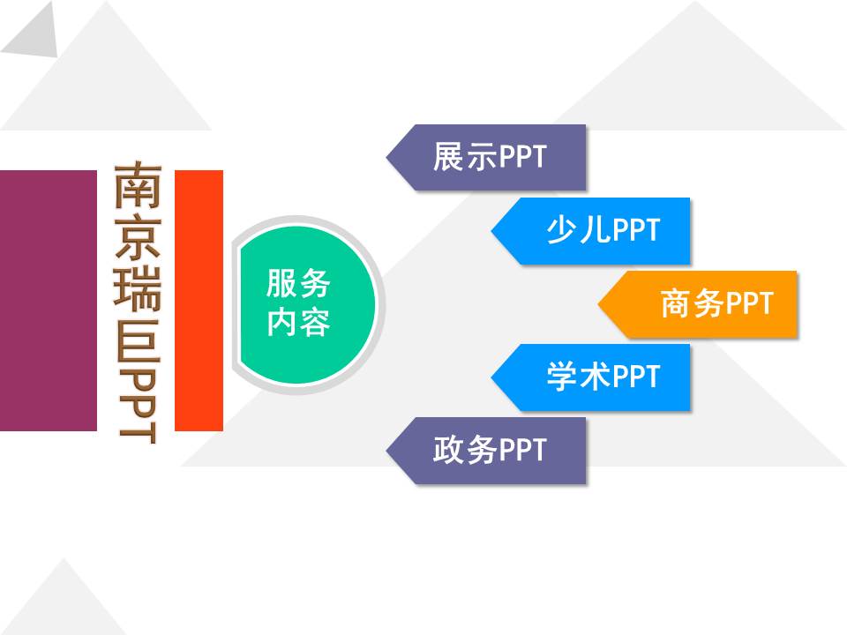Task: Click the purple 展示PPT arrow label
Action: [486, 157]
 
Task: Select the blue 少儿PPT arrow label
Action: [591, 230]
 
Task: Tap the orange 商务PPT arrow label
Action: [697, 304]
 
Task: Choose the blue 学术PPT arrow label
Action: [591, 377]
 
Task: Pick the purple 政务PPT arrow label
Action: [486, 451]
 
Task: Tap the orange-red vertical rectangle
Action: [199, 300]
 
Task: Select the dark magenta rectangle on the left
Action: [48, 300]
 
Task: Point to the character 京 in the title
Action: [139, 237]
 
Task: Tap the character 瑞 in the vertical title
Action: [139, 288]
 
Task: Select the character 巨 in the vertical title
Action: [139, 339]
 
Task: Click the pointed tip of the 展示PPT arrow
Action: [386, 157]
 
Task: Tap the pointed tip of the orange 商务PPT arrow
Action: [598, 304]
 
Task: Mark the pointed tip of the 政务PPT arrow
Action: [386, 451]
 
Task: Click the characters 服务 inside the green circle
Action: [298, 283]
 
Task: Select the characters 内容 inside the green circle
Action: [298, 323]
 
